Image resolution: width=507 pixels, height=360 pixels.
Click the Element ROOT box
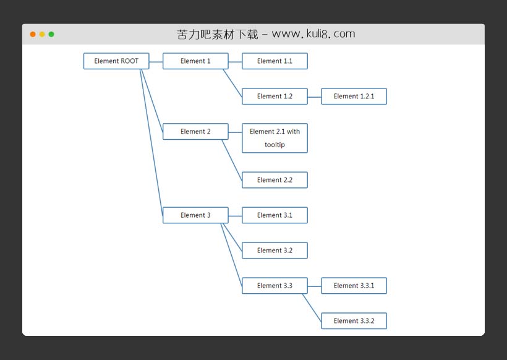click(x=116, y=61)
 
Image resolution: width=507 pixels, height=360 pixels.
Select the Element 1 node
click(x=195, y=61)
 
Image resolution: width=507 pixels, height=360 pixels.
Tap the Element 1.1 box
click(x=275, y=61)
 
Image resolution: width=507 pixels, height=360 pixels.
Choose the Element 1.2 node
click(x=275, y=96)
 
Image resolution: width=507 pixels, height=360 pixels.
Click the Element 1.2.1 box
click(x=354, y=96)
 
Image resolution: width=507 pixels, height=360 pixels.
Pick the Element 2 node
click(x=195, y=132)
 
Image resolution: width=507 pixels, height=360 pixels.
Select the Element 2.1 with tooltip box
click(x=275, y=138)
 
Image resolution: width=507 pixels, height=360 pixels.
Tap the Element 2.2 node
click(x=275, y=180)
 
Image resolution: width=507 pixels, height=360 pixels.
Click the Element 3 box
click(x=195, y=215)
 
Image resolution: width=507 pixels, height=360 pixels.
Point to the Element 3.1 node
click(x=275, y=215)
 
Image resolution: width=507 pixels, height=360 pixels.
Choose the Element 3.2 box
click(x=275, y=251)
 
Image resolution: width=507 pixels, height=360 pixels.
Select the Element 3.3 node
click(x=275, y=286)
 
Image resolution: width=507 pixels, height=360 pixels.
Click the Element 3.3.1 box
click(x=354, y=286)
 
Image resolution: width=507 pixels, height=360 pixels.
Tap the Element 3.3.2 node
click(x=354, y=321)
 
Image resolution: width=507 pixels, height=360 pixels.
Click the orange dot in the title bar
click(x=33, y=35)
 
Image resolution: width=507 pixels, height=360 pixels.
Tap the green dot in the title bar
click(x=51, y=35)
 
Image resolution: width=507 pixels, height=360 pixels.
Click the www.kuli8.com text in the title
click(x=313, y=35)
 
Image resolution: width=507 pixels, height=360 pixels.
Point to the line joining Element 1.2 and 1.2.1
click(x=314, y=96)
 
